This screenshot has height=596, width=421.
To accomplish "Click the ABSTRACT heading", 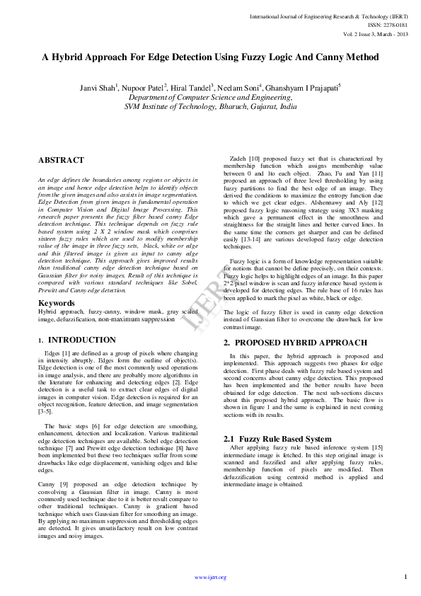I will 61,161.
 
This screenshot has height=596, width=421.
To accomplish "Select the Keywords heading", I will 56,303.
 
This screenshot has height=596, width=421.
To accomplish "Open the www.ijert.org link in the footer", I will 210,577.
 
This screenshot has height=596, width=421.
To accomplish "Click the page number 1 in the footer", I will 406,577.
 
